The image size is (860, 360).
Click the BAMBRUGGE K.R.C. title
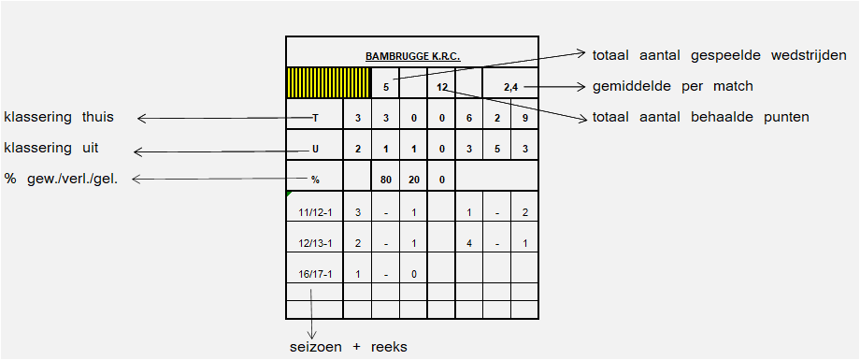(x=412, y=56)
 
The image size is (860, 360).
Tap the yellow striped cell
(x=328, y=83)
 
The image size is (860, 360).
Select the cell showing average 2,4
(x=510, y=83)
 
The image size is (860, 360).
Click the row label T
(x=315, y=117)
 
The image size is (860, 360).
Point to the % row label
(x=315, y=178)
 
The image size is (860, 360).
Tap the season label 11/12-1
(x=315, y=212)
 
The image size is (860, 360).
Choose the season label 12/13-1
(x=315, y=243)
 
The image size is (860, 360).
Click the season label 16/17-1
(x=315, y=274)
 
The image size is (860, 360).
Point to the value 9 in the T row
(x=525, y=117)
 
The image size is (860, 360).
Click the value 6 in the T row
(x=469, y=117)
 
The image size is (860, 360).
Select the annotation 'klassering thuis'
(x=59, y=117)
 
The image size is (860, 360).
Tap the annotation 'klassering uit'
(x=51, y=148)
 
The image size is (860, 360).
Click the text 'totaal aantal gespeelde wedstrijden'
(x=719, y=55)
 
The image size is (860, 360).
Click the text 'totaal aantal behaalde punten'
(x=700, y=117)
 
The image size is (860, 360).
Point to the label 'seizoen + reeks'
(x=349, y=348)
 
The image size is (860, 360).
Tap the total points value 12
(x=442, y=87)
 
